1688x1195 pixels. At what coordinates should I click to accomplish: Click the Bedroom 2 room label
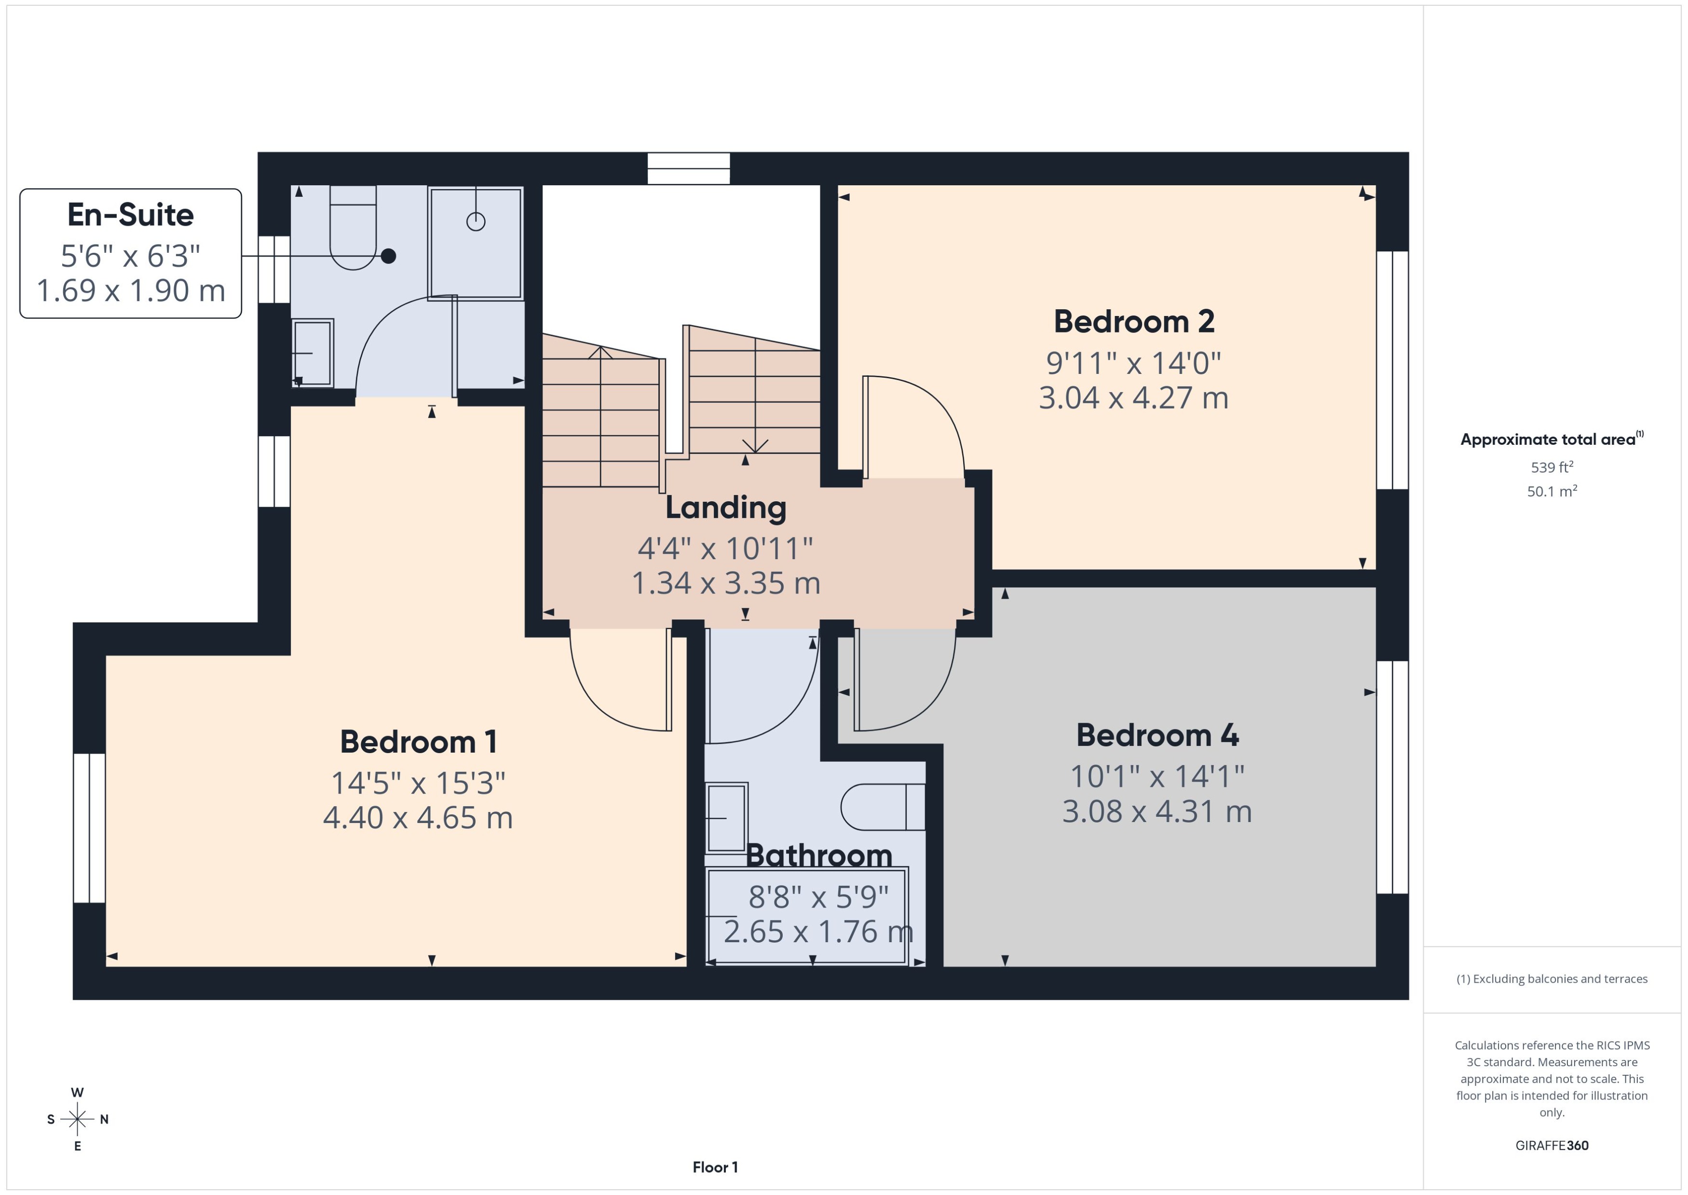[1133, 322]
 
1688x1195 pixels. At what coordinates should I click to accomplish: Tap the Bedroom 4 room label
[1157, 735]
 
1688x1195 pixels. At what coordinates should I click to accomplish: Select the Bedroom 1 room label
[418, 742]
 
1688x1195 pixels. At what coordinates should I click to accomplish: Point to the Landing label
[725, 508]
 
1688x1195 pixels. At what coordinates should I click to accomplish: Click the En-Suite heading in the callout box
[130, 215]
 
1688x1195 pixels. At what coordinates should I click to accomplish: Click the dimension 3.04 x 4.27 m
[1133, 398]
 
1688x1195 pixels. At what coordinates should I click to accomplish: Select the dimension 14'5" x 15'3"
[418, 783]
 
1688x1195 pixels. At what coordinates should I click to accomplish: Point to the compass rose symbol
[77, 1119]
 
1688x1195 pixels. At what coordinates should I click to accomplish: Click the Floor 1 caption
[715, 1167]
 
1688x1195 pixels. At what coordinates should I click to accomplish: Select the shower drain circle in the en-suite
[476, 221]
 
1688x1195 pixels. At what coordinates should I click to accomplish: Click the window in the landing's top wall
[688, 168]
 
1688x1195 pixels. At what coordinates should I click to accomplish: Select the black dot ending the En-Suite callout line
[388, 256]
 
